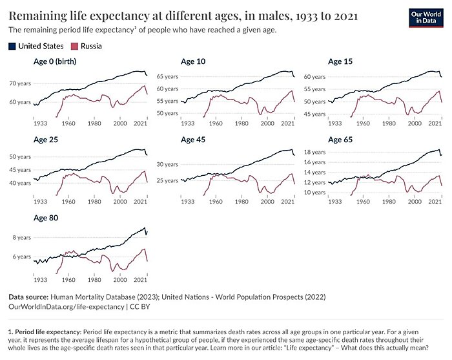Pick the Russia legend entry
90,47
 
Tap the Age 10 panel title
194,61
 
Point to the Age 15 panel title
341,61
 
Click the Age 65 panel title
341,140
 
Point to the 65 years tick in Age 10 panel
167,76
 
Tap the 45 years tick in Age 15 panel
314,114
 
